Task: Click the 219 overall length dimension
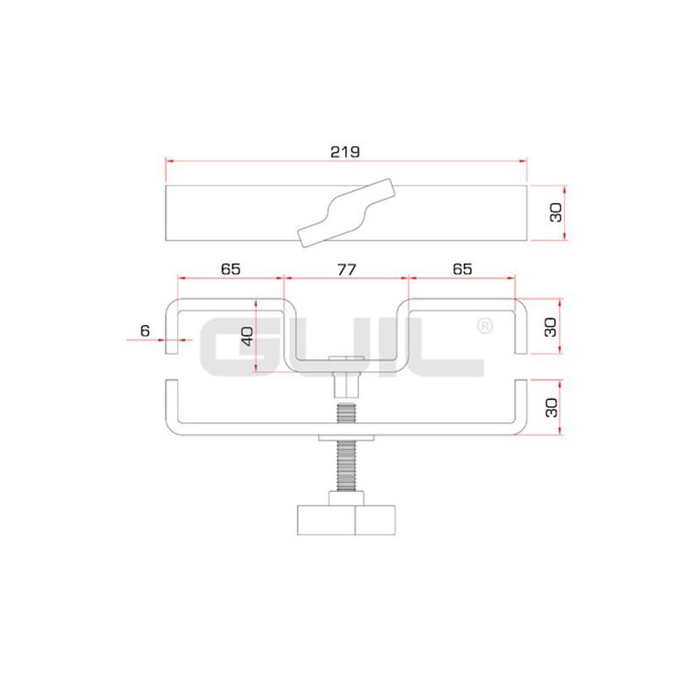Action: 344,152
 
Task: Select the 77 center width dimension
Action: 346,269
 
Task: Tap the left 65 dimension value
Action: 231,269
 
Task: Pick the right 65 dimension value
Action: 462,269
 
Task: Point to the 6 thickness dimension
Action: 145,331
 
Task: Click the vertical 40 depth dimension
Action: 247,336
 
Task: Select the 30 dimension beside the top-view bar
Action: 555,213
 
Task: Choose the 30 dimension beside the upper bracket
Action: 550,327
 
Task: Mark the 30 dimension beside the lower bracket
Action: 551,407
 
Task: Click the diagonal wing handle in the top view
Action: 346,213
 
